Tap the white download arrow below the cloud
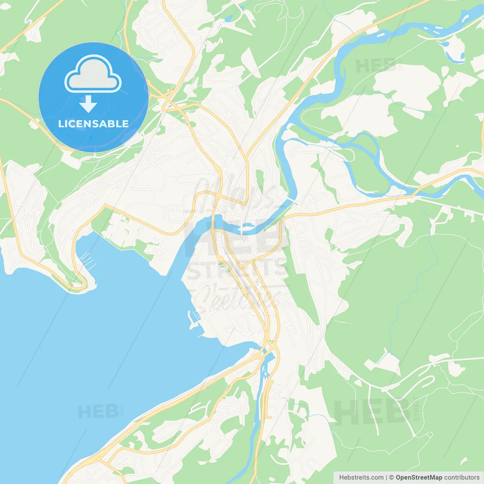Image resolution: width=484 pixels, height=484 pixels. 88,104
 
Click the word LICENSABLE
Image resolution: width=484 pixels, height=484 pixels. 93,124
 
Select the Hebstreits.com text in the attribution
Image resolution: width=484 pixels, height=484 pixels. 361,478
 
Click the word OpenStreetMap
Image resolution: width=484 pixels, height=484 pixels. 419,478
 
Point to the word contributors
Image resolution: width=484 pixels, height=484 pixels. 462,478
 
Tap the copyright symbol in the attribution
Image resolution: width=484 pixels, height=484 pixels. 391,478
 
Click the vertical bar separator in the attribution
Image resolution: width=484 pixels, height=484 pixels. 386,478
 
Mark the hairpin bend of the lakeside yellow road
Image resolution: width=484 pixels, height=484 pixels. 81,285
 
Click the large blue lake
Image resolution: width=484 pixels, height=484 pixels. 95,340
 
